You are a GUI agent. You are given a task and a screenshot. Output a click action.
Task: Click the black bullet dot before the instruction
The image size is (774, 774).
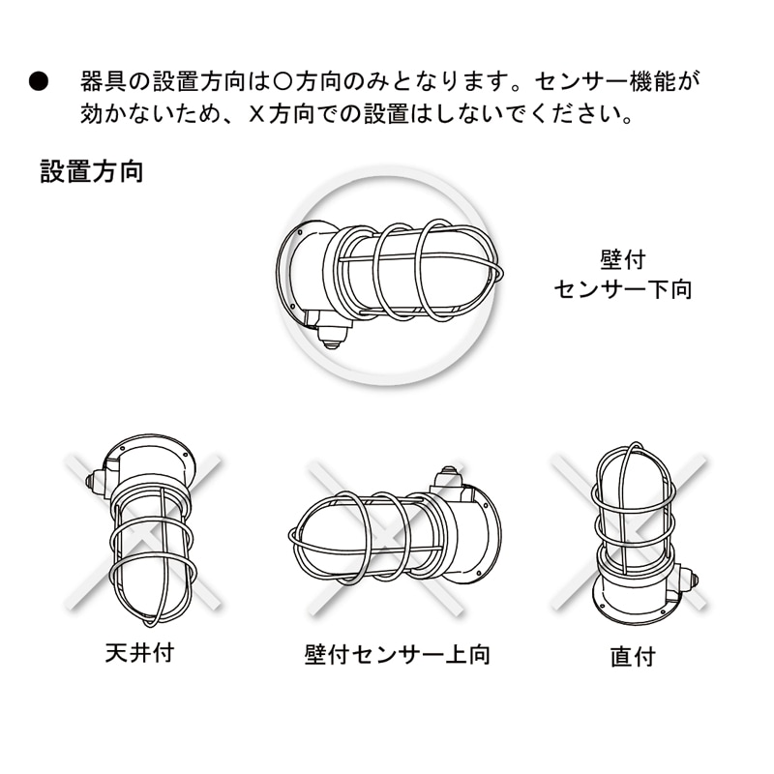pyautogui.click(x=39, y=81)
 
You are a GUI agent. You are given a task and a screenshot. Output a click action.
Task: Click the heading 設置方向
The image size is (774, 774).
pyautogui.click(x=92, y=171)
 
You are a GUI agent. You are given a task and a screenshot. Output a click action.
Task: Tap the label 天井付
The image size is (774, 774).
pyautogui.click(x=139, y=652)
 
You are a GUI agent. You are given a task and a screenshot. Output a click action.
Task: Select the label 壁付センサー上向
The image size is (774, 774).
pyautogui.click(x=398, y=655)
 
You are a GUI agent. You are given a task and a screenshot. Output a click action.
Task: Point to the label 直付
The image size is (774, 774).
pyautogui.click(x=634, y=657)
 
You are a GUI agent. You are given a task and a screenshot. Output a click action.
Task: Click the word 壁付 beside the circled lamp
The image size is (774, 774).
pyautogui.click(x=623, y=259)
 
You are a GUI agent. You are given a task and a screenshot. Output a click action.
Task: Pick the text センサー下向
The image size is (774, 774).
pyautogui.click(x=623, y=288)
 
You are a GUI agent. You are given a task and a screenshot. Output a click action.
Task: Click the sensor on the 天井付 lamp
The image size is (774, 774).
pyautogui.click(x=94, y=481)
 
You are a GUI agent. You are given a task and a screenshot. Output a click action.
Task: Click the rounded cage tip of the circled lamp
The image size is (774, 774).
pyautogui.click(x=498, y=272)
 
